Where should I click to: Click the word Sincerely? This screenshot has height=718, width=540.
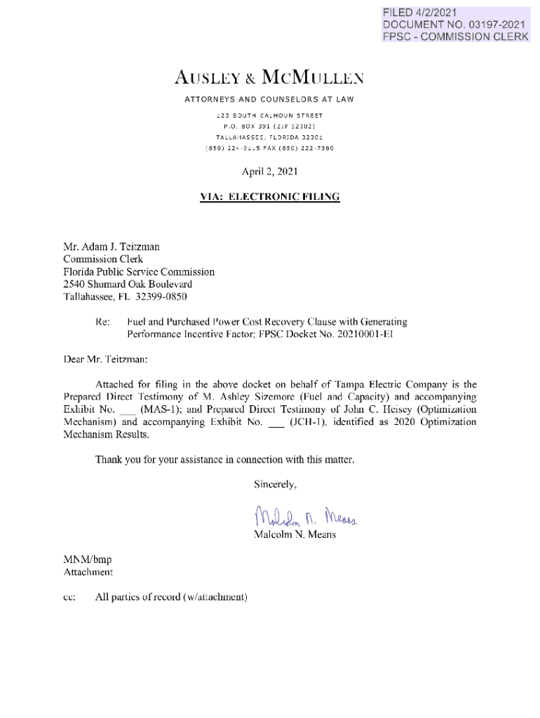pos(275,484)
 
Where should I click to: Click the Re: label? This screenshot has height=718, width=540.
pos(103,322)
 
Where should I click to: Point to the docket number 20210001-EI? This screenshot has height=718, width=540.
pos(356,334)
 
